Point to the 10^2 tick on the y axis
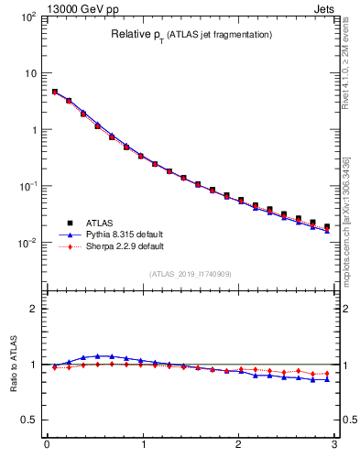(x=28, y=17)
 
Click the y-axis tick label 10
(x=30, y=73)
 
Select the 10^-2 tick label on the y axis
(x=28, y=243)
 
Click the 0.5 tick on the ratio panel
(x=30, y=420)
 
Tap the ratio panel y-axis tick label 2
(x=36, y=309)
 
